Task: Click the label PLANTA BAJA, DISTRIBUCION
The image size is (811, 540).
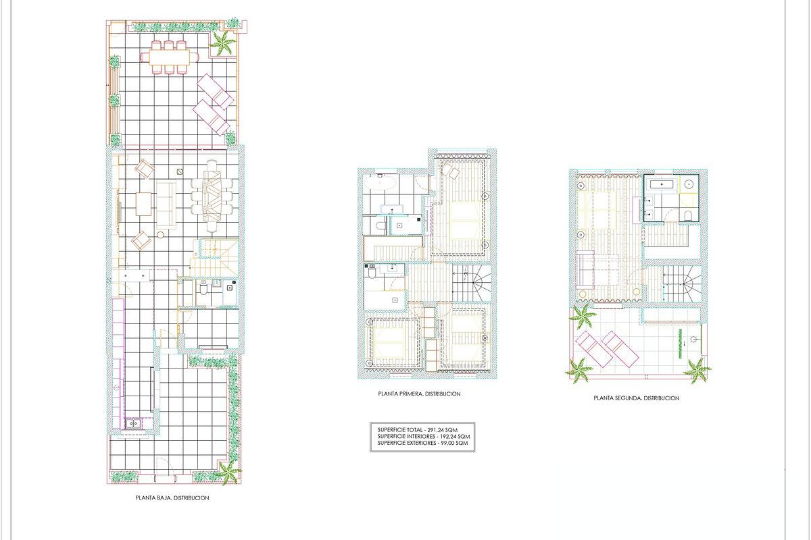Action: click(172, 497)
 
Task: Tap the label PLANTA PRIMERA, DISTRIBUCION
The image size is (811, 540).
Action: click(419, 394)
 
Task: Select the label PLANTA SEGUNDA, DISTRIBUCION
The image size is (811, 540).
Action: click(636, 398)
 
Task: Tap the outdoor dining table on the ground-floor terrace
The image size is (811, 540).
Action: click(170, 57)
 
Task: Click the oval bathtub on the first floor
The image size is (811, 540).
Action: click(380, 183)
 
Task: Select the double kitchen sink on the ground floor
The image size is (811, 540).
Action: click(133, 423)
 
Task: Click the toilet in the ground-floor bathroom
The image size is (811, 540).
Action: click(203, 289)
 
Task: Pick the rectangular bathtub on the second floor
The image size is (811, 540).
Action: click(662, 184)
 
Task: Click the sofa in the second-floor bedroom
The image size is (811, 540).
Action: click(585, 270)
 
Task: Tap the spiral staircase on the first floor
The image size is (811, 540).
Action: click(472, 283)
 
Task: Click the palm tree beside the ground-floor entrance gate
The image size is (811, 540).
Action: click(227, 472)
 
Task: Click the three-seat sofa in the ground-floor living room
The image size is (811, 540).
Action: click(166, 205)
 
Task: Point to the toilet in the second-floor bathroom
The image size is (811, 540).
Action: click(688, 215)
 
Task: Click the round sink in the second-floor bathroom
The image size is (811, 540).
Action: click(689, 184)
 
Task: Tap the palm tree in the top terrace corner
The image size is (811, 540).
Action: click(222, 43)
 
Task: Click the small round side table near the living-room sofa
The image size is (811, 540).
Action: click(160, 235)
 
